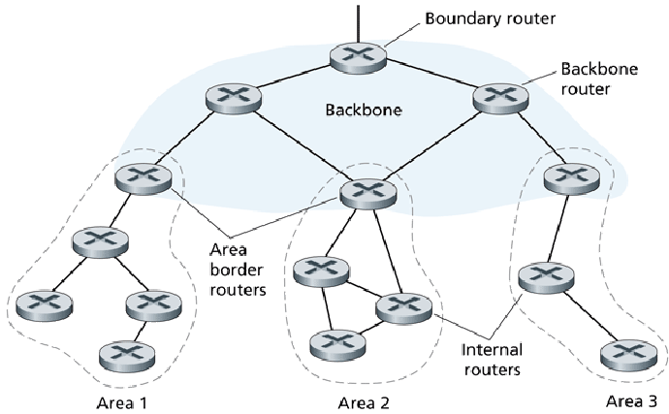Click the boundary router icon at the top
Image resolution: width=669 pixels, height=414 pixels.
coord(359,55)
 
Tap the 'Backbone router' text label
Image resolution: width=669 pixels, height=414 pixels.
coord(588,80)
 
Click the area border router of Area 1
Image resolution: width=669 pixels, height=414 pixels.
coord(143,177)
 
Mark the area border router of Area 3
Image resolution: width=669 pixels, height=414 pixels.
coord(570,176)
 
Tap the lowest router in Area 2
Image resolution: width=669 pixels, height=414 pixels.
coord(335,343)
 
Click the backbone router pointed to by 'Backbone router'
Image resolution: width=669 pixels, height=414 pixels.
coord(499,96)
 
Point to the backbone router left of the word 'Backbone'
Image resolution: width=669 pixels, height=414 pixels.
coord(233,96)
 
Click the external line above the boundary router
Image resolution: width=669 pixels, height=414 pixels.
coord(359,19)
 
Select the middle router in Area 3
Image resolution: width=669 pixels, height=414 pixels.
coord(546,276)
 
